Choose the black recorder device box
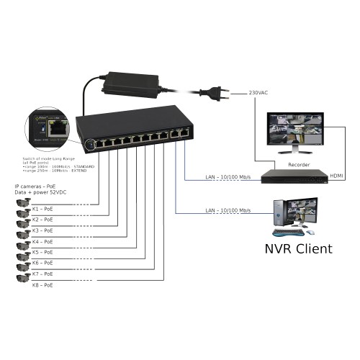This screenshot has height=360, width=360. pos(292,176)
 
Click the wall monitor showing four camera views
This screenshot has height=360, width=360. pos(294,134)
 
